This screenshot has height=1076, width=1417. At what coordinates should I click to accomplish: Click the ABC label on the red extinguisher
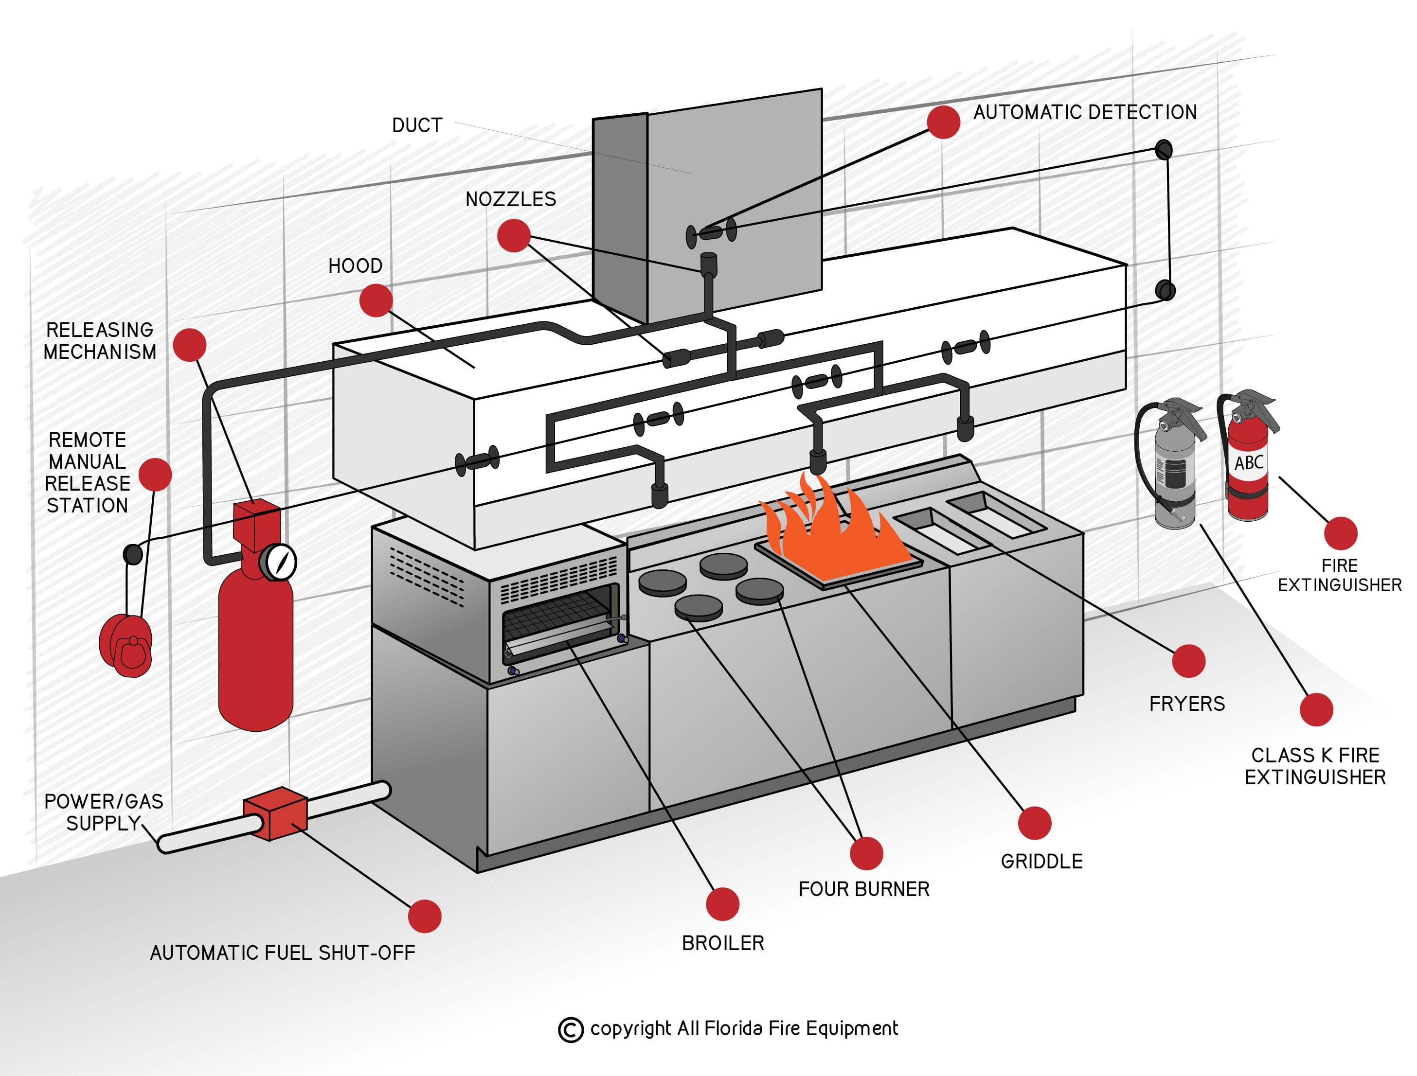click(1249, 462)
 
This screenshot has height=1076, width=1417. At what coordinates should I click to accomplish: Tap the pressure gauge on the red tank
click(279, 562)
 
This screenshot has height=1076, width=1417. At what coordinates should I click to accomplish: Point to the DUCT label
click(417, 125)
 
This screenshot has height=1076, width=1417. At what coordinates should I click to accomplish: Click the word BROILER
click(722, 943)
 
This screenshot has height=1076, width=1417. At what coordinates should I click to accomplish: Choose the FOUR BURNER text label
click(863, 889)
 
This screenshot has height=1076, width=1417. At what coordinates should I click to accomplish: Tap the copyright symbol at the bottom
click(570, 1030)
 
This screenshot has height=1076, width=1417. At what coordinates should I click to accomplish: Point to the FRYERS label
click(1186, 704)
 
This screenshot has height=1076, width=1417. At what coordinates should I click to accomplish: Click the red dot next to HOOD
click(376, 300)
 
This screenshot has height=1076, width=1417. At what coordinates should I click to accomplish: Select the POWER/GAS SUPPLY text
click(103, 812)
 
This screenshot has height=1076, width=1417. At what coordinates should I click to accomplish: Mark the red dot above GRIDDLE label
click(1034, 823)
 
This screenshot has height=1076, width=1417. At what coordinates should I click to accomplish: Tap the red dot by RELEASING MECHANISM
click(190, 345)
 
